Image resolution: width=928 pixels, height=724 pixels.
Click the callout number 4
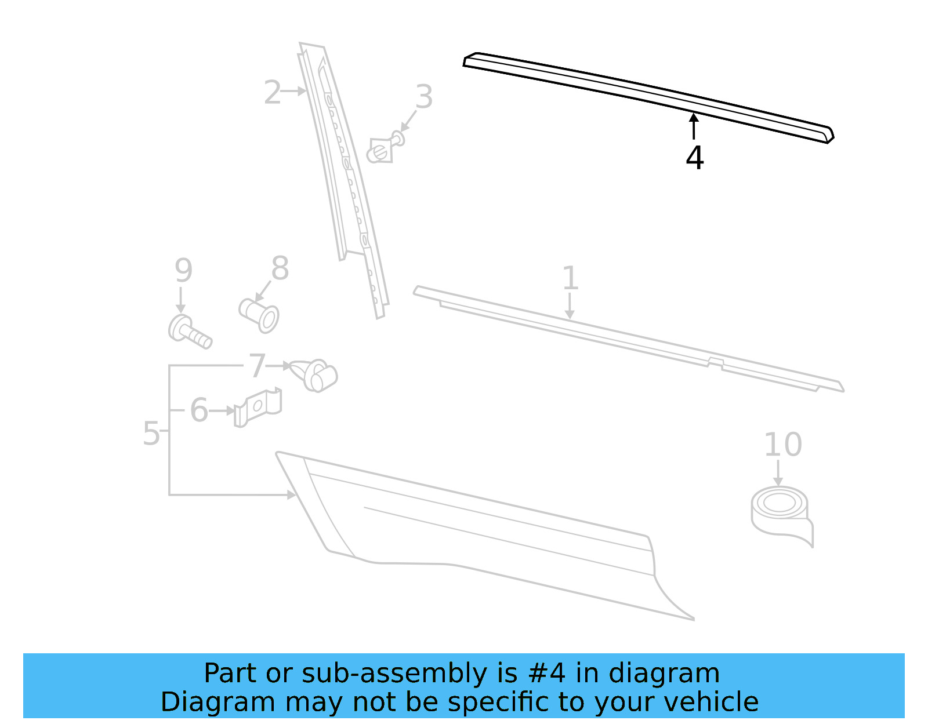(694, 158)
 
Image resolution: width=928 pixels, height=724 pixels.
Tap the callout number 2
(272, 93)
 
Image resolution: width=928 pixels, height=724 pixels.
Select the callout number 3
(424, 97)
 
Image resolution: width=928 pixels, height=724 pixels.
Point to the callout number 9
(183, 271)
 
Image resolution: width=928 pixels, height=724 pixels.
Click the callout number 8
(280, 269)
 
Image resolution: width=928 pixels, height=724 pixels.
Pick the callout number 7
(257, 366)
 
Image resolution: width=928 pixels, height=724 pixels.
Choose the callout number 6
(199, 410)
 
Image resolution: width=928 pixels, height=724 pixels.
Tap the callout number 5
(151, 434)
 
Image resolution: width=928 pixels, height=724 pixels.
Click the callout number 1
(570, 278)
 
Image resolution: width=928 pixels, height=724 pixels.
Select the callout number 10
(782, 445)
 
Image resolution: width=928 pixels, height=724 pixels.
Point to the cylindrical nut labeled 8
(259, 315)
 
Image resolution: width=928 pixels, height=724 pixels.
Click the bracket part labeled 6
(258, 406)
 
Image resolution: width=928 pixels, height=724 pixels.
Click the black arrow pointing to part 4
(694, 126)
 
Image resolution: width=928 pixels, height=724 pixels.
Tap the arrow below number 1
(570, 305)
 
